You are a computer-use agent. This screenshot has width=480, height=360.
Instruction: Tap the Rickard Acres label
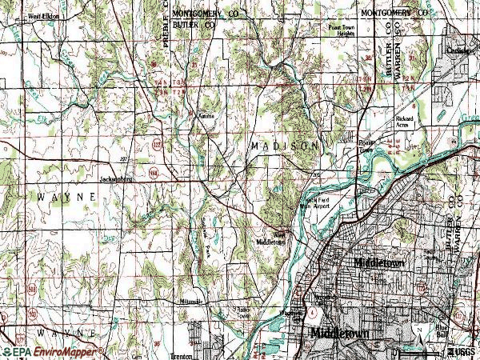tap(406, 122)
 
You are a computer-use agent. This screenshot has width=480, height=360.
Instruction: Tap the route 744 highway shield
tap(154, 171)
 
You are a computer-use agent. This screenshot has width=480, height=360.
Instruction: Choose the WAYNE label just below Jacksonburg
tap(56, 195)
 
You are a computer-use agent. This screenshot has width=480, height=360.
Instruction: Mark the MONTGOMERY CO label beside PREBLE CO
tap(206, 14)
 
